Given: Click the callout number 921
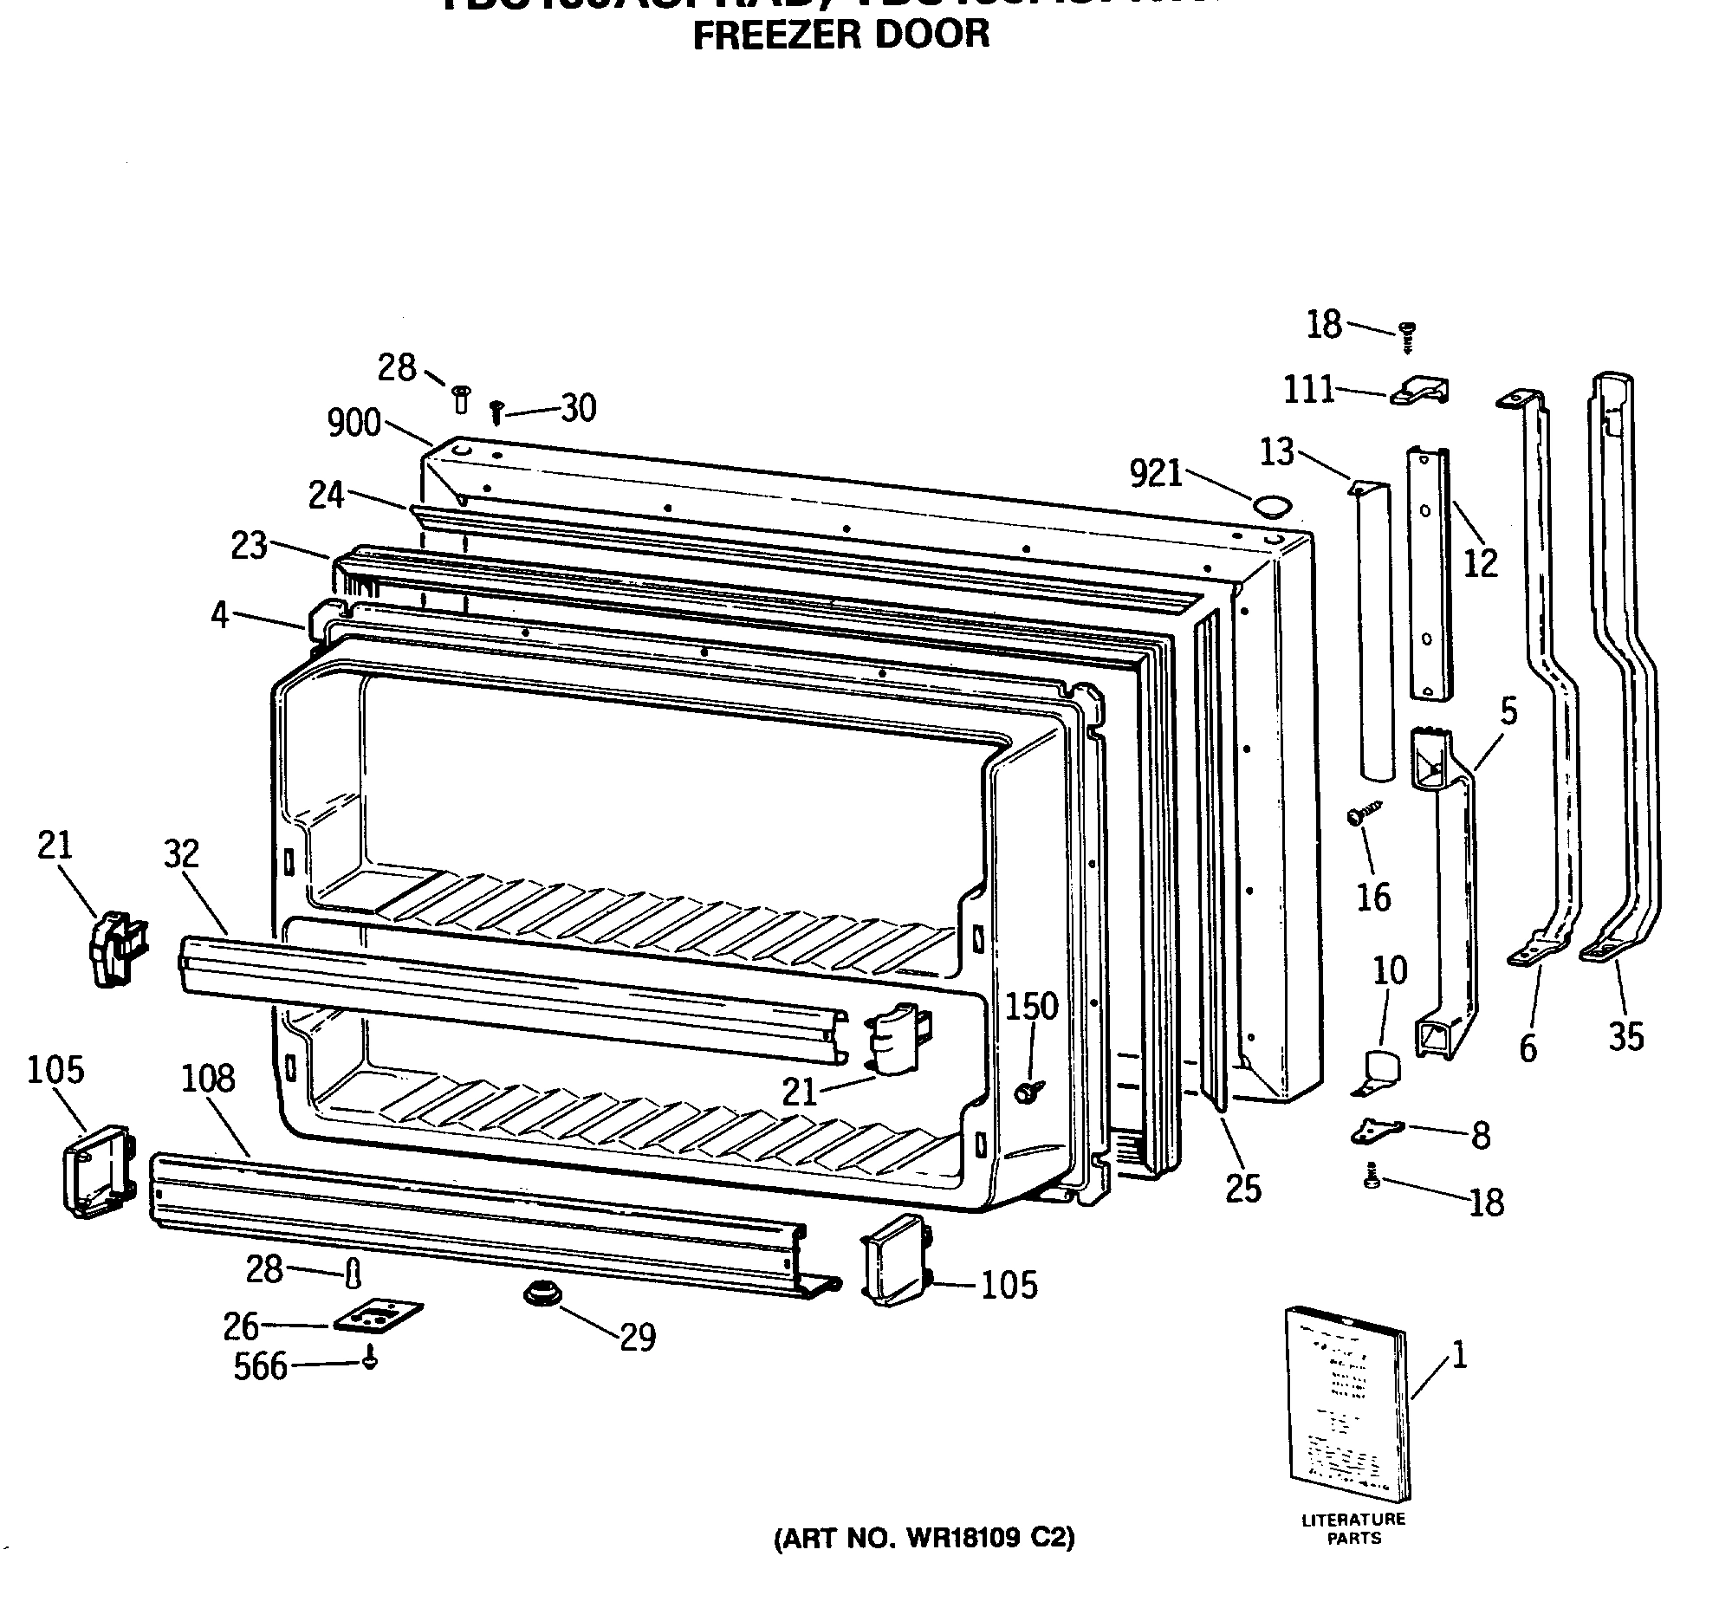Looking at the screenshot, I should point(1156,474).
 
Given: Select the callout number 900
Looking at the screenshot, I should point(354,423).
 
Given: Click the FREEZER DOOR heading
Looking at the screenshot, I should point(840,35).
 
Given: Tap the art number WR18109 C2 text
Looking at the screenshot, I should point(924,1538).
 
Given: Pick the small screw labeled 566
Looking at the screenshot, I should point(371,1358).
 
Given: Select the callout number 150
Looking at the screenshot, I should point(1032,1007).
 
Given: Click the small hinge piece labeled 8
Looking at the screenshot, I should point(1377,1128).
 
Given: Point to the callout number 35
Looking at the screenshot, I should point(1625,1037).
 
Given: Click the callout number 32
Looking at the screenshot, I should point(181,854).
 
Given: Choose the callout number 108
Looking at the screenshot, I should point(208,1079).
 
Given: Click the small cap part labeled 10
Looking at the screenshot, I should point(1381,1069).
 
